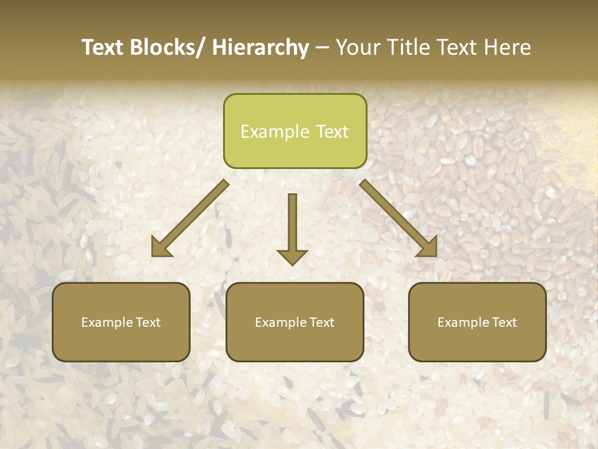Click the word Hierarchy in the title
click(260, 48)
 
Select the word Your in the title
click(358, 48)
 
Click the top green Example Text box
click(295, 131)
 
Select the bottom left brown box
click(121, 322)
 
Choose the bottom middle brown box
click(295, 322)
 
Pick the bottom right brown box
click(477, 322)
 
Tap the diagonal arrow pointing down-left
click(190, 218)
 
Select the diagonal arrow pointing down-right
click(399, 218)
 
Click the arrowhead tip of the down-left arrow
click(153, 255)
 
